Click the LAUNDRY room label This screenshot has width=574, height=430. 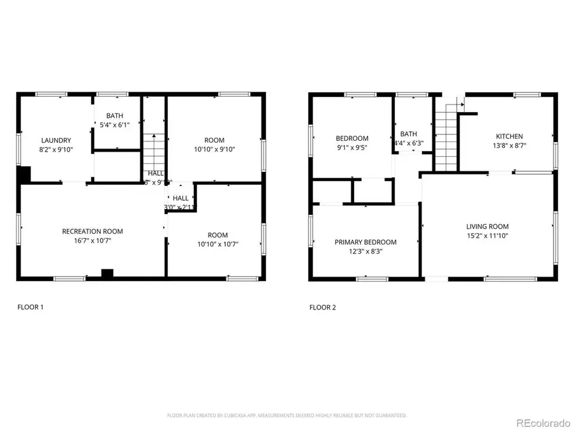[56, 140]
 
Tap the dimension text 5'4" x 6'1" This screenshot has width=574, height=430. [115, 125]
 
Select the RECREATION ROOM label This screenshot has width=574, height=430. [92, 231]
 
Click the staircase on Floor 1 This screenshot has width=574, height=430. [152, 150]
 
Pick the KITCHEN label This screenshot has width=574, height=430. [509, 136]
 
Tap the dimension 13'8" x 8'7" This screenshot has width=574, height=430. [509, 145]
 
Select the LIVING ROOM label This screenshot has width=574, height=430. [487, 226]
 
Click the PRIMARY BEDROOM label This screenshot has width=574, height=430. [365, 242]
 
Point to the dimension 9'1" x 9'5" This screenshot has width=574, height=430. [352, 148]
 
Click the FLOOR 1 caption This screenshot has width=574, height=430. [30, 307]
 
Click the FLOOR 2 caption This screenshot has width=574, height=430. [323, 307]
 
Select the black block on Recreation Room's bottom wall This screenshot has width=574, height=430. [107, 274]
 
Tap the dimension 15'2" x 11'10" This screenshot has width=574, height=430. [487, 236]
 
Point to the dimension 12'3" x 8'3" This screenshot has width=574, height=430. [365, 252]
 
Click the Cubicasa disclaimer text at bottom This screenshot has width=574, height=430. [286, 415]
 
